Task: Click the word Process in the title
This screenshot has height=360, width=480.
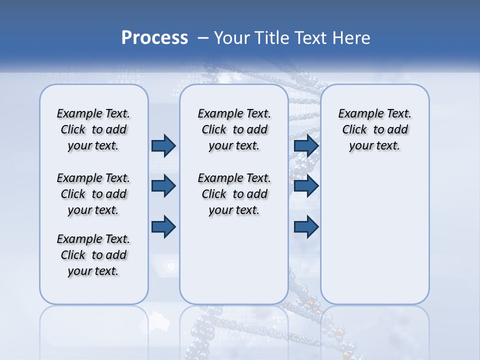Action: pyautogui.click(x=154, y=38)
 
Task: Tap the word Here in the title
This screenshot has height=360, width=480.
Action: pyautogui.click(x=350, y=38)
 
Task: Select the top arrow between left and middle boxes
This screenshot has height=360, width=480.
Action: pyautogui.click(x=163, y=145)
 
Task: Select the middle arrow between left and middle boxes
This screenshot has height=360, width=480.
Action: pyautogui.click(x=163, y=186)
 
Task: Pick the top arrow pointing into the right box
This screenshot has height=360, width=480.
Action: pyautogui.click(x=306, y=145)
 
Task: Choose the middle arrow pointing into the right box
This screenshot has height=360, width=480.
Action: pyautogui.click(x=306, y=186)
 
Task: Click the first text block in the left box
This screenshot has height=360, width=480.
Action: pyautogui.click(x=93, y=129)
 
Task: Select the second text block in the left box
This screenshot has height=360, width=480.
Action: pyautogui.click(x=93, y=194)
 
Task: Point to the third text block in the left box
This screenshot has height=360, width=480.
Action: pyautogui.click(x=93, y=255)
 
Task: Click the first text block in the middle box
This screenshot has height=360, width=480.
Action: pyautogui.click(x=234, y=129)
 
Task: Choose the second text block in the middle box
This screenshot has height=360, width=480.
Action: pyautogui.click(x=234, y=194)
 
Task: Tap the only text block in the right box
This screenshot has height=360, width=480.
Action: pyautogui.click(x=375, y=129)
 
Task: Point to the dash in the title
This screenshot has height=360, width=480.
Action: pyautogui.click(x=203, y=38)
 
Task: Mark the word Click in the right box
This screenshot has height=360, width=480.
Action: pyautogui.click(x=354, y=130)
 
